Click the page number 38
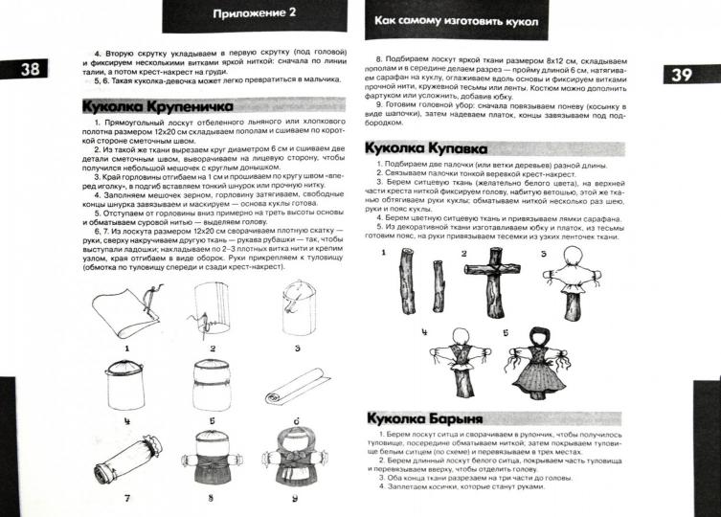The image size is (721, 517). tap(29, 68)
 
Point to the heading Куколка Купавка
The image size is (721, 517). tap(428, 148)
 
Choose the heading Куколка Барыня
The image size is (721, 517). tap(426, 419)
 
